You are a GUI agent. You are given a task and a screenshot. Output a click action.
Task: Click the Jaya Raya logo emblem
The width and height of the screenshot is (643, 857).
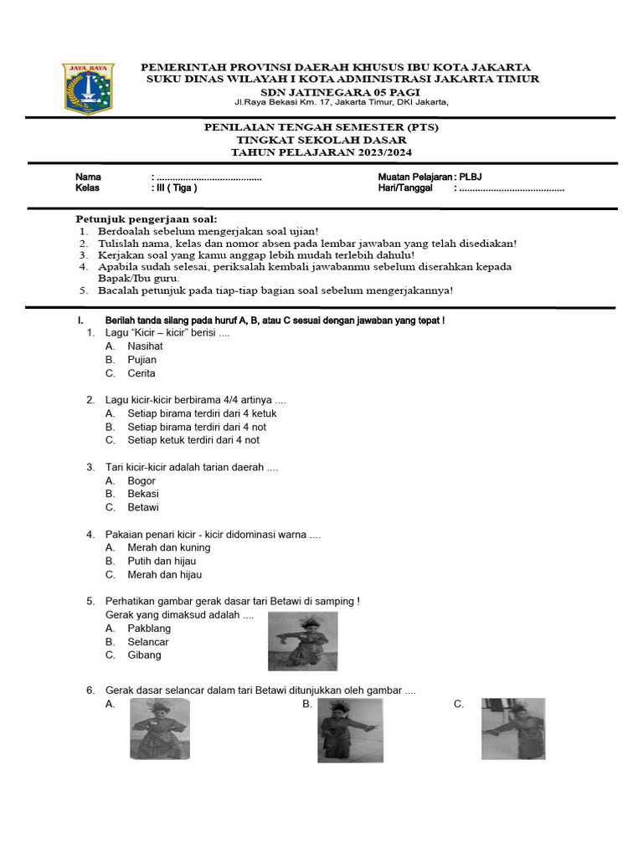click(90, 88)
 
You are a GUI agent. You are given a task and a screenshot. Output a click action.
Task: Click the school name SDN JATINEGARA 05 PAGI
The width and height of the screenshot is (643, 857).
click(340, 91)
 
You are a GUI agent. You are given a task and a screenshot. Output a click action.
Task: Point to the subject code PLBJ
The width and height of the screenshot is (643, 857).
click(471, 177)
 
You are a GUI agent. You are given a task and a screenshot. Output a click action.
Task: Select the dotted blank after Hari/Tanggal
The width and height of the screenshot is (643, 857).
click(510, 189)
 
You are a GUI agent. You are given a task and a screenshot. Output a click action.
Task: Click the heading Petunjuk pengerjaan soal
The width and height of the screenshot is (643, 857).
click(147, 218)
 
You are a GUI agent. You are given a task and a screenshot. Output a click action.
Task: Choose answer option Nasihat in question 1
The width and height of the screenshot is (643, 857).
click(145, 346)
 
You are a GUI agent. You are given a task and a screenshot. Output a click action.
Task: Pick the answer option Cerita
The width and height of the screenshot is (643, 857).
click(141, 373)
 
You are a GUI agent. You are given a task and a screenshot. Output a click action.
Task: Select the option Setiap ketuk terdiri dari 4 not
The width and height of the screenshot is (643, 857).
click(193, 440)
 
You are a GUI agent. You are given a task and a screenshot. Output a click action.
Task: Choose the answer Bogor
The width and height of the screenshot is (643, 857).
click(141, 480)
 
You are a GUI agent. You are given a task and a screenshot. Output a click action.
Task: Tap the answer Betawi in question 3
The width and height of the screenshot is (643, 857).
click(142, 507)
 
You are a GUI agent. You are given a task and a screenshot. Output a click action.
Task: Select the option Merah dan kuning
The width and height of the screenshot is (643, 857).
click(168, 547)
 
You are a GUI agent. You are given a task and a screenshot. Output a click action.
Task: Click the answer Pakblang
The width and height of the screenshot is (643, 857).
click(149, 629)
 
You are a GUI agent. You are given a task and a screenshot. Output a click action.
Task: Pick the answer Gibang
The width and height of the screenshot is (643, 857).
click(144, 655)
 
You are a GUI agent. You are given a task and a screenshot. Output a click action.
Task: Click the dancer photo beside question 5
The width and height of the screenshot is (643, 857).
click(302, 641)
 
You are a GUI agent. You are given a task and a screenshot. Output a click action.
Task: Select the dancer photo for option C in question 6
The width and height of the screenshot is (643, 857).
click(512, 729)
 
